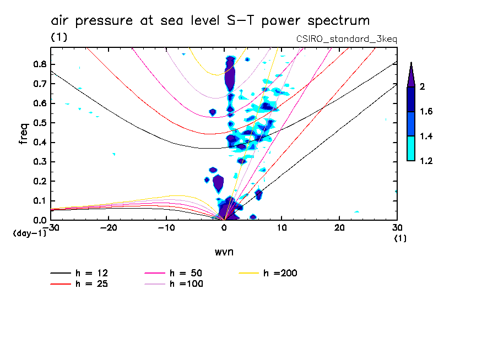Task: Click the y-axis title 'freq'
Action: (24, 134)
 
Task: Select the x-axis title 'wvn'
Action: (223, 252)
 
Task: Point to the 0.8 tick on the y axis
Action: (39, 64)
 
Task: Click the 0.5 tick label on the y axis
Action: (39, 123)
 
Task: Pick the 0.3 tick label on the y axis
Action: (39, 162)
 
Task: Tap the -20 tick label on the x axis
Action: (109, 228)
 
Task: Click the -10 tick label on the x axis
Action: (166, 228)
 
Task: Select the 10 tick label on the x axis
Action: (282, 228)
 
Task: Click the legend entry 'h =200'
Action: (281, 273)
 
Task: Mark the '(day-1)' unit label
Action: (30, 233)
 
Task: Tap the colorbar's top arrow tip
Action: (411, 63)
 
